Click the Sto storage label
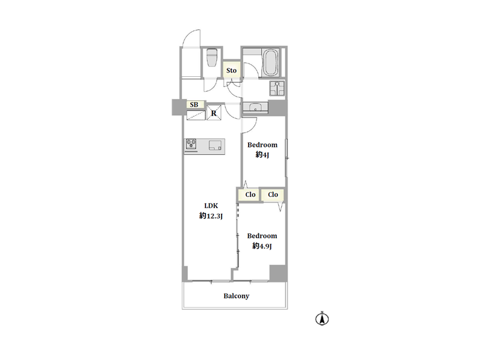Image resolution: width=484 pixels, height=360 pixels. click(231, 70)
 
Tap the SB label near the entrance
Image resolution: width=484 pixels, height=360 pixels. click(194, 104)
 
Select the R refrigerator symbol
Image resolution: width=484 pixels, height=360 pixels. click(214, 113)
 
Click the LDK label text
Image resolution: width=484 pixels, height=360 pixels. click(211, 205)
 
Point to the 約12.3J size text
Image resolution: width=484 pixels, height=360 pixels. click(211, 216)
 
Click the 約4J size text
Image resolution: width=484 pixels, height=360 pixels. click(262, 155)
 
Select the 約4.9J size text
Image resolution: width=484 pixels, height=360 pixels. click(262, 246)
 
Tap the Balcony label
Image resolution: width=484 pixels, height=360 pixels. click(236, 296)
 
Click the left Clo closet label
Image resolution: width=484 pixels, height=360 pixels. click(250, 194)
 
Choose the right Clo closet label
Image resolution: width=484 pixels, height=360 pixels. click(273, 194)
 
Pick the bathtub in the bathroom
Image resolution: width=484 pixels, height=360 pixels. click(270, 62)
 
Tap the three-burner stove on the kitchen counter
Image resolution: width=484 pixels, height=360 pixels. click(191, 145)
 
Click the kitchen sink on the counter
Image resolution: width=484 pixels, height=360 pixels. click(216, 145)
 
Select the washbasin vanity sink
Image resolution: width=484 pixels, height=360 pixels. click(255, 107)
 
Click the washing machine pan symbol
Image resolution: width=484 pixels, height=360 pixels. click(277, 88)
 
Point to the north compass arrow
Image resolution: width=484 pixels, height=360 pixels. click(322, 319)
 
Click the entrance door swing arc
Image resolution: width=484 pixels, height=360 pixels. click(189, 35)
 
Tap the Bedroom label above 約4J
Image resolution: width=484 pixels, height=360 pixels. click(262, 145)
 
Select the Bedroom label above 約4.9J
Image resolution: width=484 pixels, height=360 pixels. click(262, 236)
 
